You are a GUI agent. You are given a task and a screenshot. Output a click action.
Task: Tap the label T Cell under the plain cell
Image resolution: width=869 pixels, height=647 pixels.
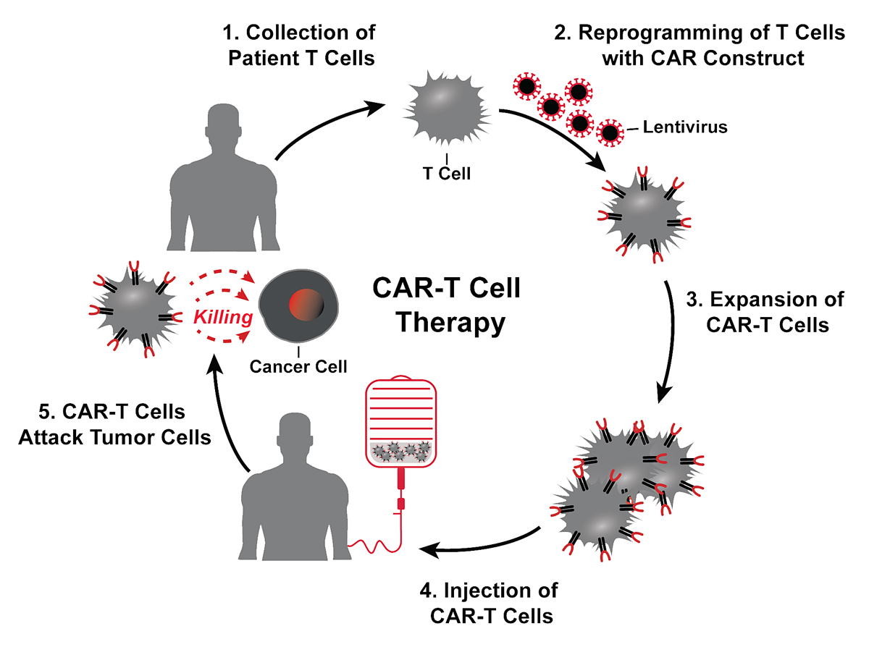click(447, 174)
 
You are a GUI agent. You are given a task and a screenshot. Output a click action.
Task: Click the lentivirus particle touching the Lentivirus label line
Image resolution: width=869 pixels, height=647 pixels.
click(610, 132)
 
